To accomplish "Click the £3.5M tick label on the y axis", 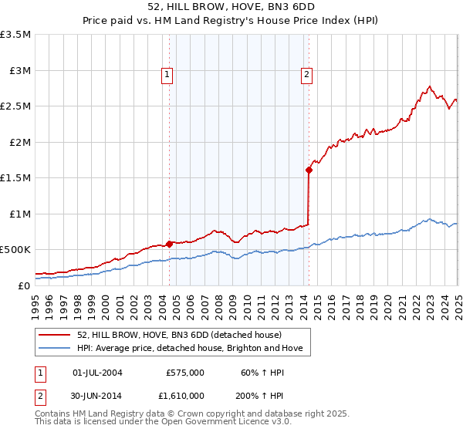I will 15,35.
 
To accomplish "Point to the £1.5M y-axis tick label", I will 15,178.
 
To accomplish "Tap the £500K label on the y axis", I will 15,250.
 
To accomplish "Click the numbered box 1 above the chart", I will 167,75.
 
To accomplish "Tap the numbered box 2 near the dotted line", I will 306,75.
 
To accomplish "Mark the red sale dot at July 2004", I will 169,244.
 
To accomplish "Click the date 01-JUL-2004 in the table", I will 97,373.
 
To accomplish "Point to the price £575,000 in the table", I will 185,373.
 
